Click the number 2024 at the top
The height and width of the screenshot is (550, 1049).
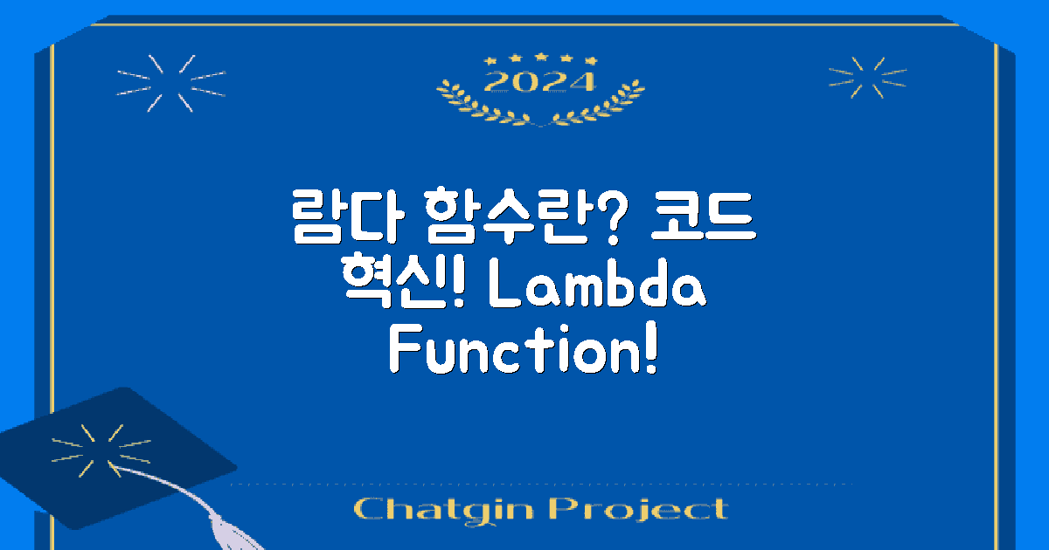click(540, 82)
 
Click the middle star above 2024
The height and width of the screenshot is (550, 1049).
click(540, 57)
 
